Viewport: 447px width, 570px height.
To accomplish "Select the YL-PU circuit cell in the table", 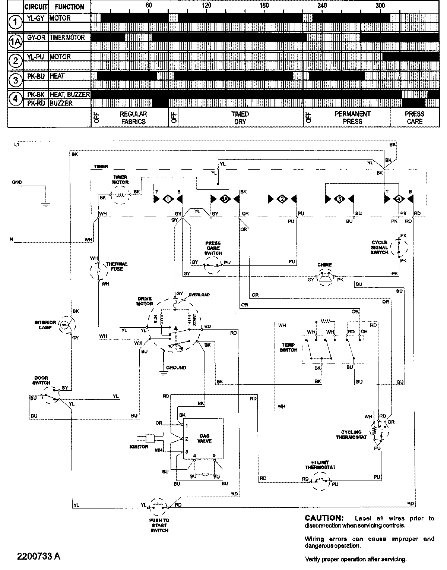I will point(36,57).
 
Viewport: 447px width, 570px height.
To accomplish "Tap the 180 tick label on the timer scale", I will point(264,5).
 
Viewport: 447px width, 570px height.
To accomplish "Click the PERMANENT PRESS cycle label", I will point(352,117).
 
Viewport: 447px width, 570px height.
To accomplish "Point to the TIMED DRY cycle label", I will point(240,117).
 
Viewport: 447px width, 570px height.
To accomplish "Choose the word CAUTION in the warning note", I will point(323,518).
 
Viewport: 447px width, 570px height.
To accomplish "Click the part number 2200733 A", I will point(38,556).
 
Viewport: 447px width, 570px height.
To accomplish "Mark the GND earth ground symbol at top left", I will point(44,203).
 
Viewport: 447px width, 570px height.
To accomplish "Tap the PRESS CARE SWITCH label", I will point(213,248).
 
